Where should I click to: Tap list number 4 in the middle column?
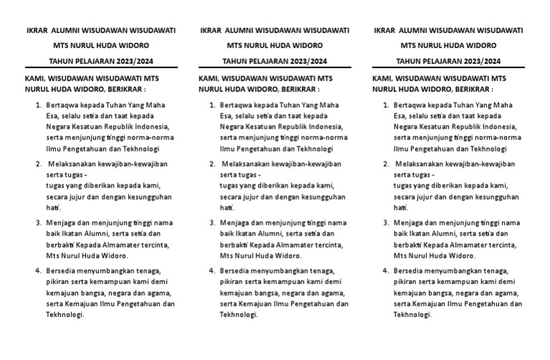click(x=212, y=271)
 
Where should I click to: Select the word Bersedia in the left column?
click(x=59, y=271)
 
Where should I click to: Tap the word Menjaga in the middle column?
click(x=234, y=222)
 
